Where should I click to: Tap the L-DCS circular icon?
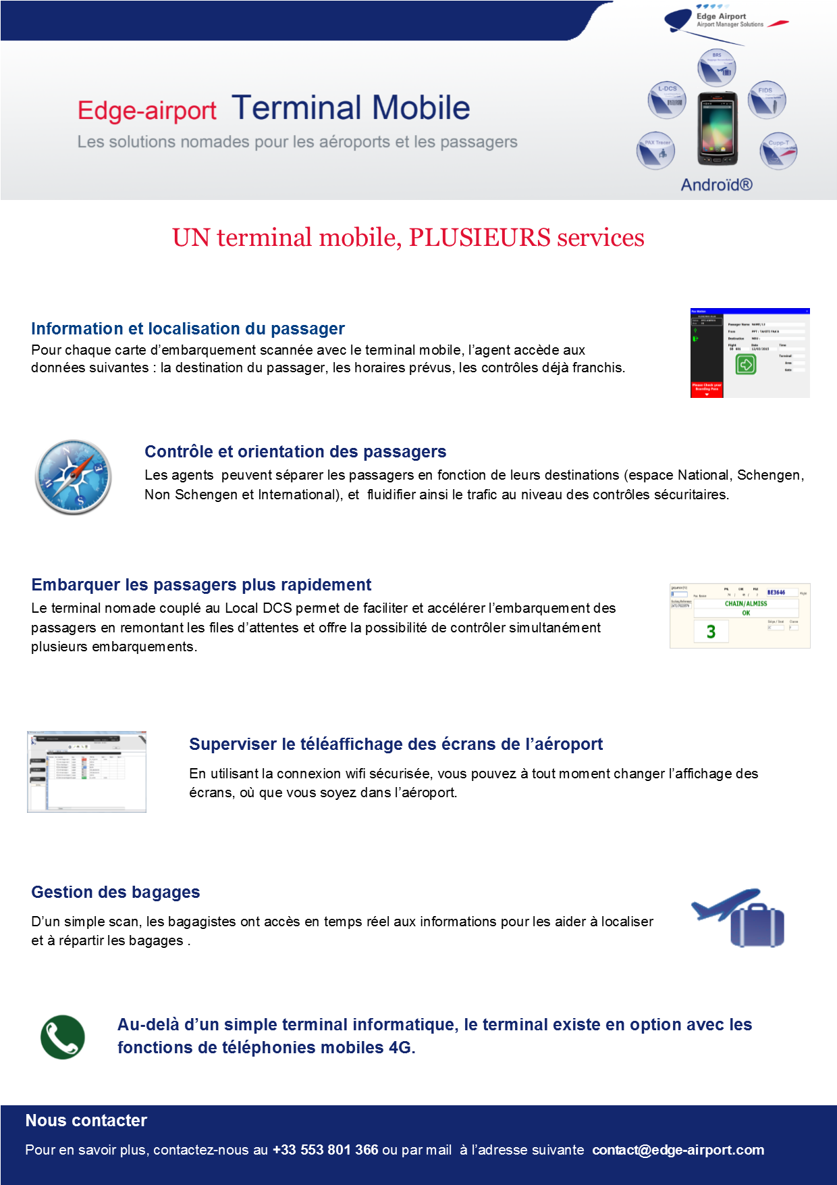667,100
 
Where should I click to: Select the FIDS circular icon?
766,100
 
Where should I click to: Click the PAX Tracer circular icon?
655,151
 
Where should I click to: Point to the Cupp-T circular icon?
778,151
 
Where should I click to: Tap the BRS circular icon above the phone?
717,68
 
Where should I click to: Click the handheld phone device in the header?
717,128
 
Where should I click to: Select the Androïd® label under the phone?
716,184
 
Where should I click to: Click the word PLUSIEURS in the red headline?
479,238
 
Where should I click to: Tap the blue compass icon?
73,477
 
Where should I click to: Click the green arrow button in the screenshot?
745,365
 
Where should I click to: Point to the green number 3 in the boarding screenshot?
711,632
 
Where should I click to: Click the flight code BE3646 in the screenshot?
776,592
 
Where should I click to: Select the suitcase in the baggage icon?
757,926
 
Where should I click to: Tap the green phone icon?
63,1037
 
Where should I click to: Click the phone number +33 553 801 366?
325,1150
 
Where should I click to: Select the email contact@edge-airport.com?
678,1150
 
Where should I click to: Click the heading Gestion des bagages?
115,892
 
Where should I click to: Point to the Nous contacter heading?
86,1121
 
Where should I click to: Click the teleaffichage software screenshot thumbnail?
86,772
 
